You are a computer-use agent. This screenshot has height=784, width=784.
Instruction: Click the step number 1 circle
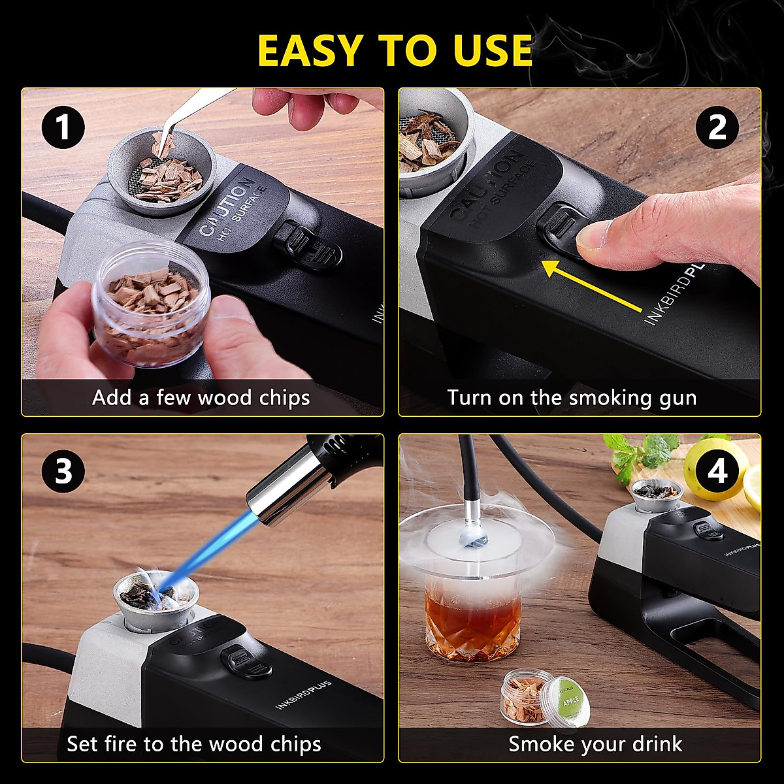(63, 127)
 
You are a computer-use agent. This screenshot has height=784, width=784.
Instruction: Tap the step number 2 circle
(717, 127)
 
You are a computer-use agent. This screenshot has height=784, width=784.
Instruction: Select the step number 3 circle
(63, 471)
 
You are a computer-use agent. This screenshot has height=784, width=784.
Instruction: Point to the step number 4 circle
(717, 471)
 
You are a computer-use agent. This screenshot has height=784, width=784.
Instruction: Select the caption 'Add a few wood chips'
(201, 398)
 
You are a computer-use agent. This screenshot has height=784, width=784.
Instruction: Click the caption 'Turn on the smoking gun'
(572, 398)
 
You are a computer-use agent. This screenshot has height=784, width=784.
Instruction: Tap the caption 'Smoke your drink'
(595, 744)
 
